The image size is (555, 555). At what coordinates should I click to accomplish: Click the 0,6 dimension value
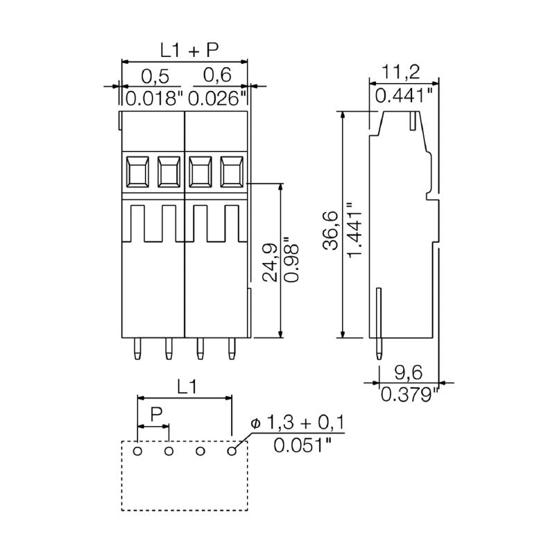pos(216,75)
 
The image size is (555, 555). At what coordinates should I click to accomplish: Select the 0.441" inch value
pos(407,95)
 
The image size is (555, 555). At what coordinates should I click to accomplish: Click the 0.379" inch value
pos(410,395)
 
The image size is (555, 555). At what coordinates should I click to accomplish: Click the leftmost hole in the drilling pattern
pos(137,452)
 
